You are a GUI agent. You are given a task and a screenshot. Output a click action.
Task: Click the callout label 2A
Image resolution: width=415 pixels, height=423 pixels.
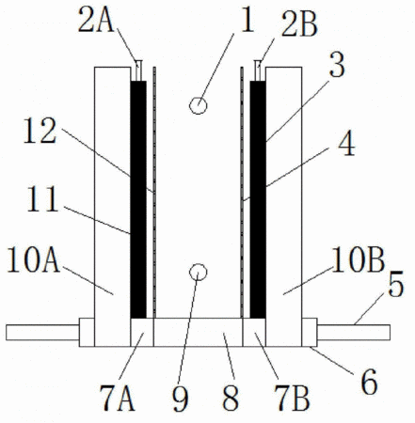click(x=96, y=21)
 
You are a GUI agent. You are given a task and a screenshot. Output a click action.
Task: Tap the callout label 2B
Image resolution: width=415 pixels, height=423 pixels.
click(x=299, y=24)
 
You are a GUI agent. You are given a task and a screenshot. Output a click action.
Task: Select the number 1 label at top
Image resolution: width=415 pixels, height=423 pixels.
click(x=247, y=21)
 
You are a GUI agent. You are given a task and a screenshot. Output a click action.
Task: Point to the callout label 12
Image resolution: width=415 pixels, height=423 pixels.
click(x=40, y=131)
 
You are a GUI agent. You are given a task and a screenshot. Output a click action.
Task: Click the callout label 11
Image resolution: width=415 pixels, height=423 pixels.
click(x=42, y=199)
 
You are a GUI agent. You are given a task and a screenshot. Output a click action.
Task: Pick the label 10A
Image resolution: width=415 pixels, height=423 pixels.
click(x=34, y=259)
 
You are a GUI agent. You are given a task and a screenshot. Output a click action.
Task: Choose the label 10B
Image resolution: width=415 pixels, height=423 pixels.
click(x=358, y=259)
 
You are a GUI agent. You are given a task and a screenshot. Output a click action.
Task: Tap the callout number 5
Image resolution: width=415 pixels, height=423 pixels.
click(x=395, y=285)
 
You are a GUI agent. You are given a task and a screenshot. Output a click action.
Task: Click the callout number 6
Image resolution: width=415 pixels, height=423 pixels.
click(x=369, y=383)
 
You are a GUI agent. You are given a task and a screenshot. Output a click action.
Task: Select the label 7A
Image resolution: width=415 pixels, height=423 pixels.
click(x=118, y=399)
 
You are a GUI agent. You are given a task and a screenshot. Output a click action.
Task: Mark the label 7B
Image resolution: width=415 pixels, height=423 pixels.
click(x=292, y=399)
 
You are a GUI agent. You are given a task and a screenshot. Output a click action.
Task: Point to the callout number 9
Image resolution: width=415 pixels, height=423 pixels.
click(x=181, y=399)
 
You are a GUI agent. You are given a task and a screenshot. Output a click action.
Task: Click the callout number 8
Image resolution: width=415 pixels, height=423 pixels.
click(x=231, y=399)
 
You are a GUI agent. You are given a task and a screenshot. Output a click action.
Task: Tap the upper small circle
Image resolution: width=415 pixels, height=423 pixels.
click(x=198, y=105)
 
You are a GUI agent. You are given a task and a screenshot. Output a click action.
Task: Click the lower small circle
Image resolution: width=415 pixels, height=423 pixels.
click(x=199, y=272)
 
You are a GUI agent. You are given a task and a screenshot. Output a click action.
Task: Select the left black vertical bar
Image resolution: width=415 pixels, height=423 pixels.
click(x=138, y=199)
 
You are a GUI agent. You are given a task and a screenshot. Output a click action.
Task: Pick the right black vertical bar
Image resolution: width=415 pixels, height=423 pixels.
click(x=258, y=199)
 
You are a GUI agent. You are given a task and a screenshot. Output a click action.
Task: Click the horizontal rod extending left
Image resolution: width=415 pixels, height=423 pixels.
click(x=42, y=333)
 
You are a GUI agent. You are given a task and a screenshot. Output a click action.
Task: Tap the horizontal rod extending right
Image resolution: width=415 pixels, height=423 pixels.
click(x=354, y=333)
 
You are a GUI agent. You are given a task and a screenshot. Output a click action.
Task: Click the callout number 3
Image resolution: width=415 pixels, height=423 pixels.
click(x=337, y=66)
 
